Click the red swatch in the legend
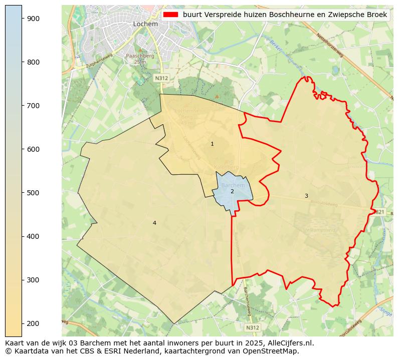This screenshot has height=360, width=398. pyautogui.click(x=170, y=15)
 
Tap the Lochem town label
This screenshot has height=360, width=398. pyautogui.click(x=145, y=24)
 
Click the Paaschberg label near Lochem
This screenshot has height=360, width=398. pyautogui.click(x=140, y=56)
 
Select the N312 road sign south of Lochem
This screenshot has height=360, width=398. pyautogui.click(x=161, y=78)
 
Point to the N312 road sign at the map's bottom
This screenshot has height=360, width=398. pyautogui.click(x=253, y=327)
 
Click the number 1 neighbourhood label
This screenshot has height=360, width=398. pyautogui.click(x=212, y=144)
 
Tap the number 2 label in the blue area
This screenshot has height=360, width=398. pyautogui.click(x=232, y=191)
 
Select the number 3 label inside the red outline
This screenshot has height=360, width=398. pyautogui.click(x=306, y=196)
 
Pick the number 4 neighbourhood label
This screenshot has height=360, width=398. pyautogui.click(x=154, y=223)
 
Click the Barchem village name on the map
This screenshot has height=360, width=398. pyautogui.click(x=233, y=185)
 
